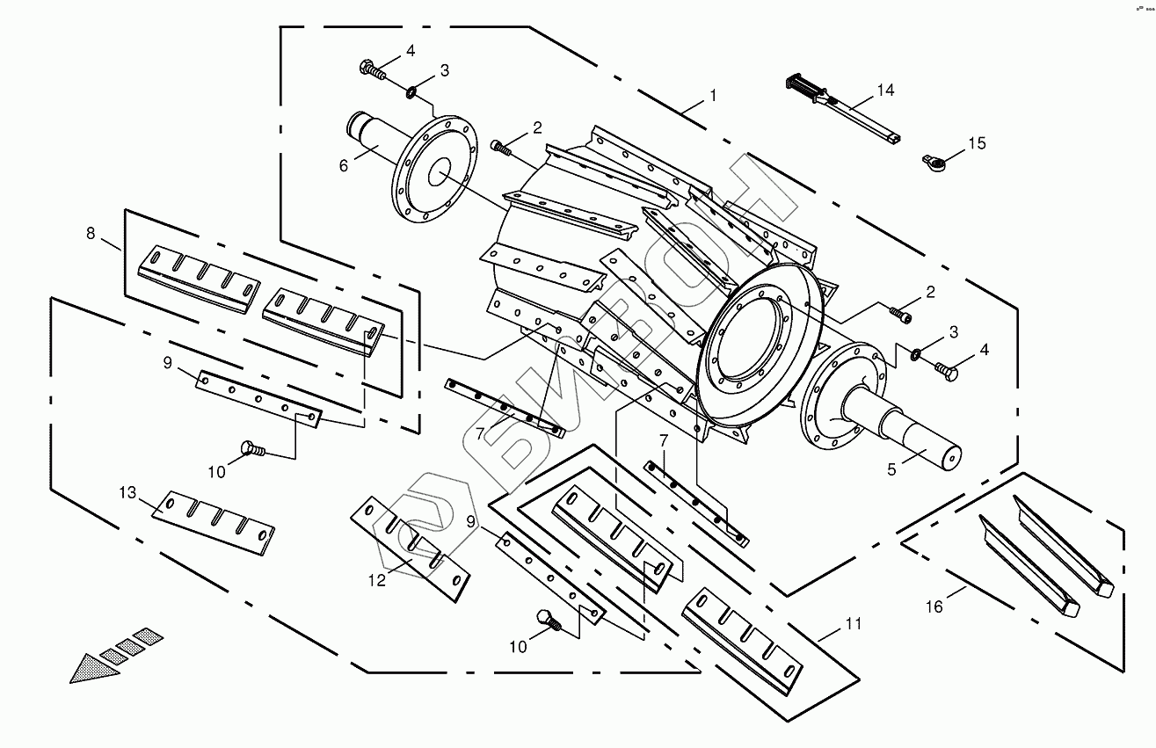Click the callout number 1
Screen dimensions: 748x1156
713,94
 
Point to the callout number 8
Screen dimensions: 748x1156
91,233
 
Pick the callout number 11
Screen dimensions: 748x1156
852,624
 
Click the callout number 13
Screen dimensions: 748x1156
129,493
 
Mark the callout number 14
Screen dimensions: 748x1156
884,91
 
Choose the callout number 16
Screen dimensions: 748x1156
934,606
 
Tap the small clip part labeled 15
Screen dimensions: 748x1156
934,160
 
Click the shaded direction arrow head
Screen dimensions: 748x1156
93,669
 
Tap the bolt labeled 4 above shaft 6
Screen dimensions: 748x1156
372,69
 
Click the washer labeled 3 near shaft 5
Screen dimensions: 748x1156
915,354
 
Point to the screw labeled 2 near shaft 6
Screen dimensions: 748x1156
500,148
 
